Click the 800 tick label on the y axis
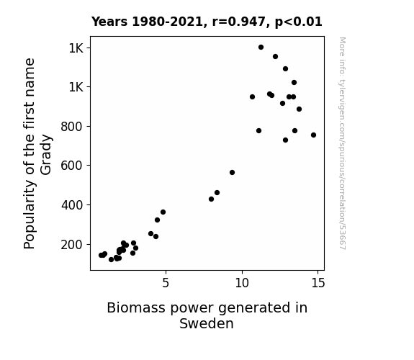[x=71, y=127]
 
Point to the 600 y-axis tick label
[x=71, y=166]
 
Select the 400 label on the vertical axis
[x=71, y=205]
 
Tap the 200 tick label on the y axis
[x=71, y=245]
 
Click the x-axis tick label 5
[x=166, y=283]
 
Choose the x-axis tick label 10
[x=242, y=283]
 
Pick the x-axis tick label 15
[x=318, y=283]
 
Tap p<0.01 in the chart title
[x=299, y=22]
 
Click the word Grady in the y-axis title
[x=46, y=155]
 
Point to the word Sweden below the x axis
[x=207, y=323]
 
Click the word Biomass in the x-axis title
[x=137, y=307]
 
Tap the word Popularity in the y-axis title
[x=29, y=215]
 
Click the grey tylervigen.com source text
[x=343, y=143]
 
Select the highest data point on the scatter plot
[x=261, y=48]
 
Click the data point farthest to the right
[x=313, y=135]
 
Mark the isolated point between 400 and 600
[x=232, y=173]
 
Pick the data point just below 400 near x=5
[x=163, y=212]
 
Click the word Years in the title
[x=109, y=22]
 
